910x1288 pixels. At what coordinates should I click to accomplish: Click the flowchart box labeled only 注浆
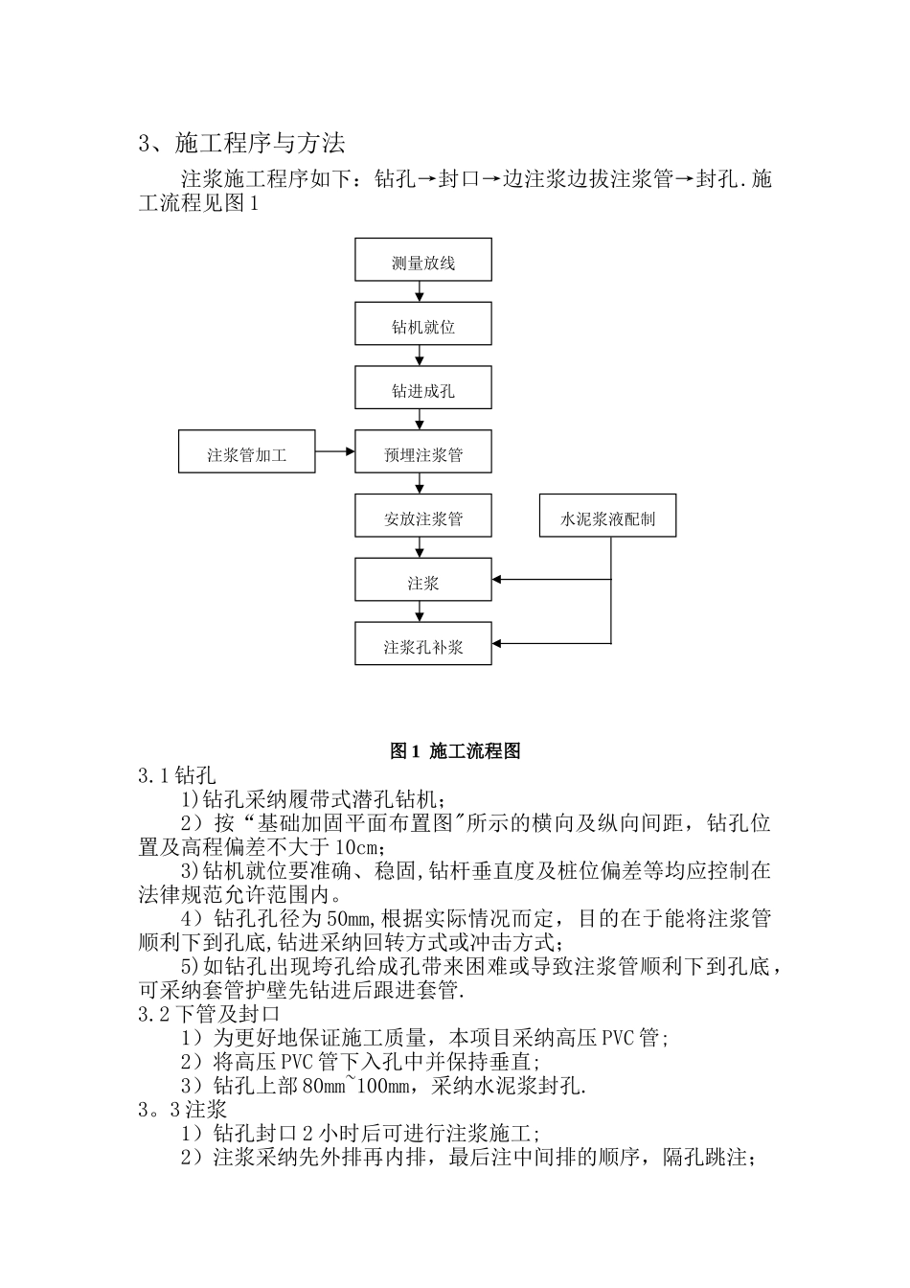click(422, 582)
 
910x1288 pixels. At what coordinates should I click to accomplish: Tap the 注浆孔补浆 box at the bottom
click(422, 646)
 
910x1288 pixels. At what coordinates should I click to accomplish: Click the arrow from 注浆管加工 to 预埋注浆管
click(334, 451)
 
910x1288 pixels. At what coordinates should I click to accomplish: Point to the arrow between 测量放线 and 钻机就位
click(420, 292)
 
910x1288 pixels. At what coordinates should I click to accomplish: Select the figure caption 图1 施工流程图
click(455, 751)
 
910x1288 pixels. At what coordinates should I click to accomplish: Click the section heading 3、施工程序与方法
click(241, 144)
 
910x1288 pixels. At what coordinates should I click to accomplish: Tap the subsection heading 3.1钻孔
click(177, 774)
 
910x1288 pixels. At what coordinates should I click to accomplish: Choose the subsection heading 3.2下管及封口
click(209, 1014)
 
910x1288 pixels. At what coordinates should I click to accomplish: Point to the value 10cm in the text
click(362, 847)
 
